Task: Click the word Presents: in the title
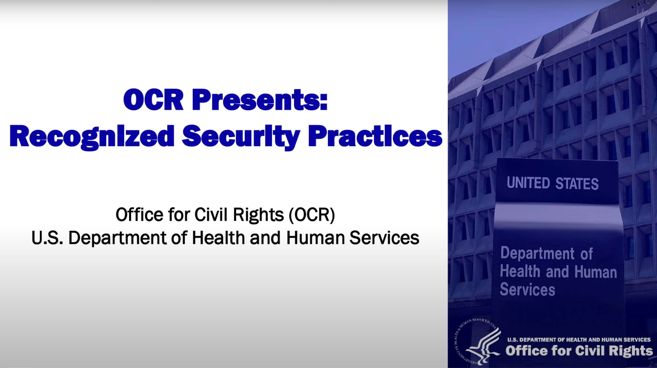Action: pyautogui.click(x=259, y=100)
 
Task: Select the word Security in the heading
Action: pyautogui.click(x=241, y=136)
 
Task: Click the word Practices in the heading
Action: pyautogui.click(x=375, y=136)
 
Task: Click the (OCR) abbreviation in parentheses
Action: pyautogui.click(x=312, y=215)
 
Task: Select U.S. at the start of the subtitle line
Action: pyautogui.click(x=47, y=238)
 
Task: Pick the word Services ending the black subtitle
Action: pyautogui.click(x=384, y=238)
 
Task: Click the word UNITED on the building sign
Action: pyautogui.click(x=528, y=183)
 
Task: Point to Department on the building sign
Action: pyautogui.click(x=537, y=253)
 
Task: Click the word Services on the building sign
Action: pyautogui.click(x=527, y=290)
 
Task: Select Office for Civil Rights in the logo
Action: pyautogui.click(x=579, y=351)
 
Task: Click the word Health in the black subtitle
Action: pyautogui.click(x=218, y=238)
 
